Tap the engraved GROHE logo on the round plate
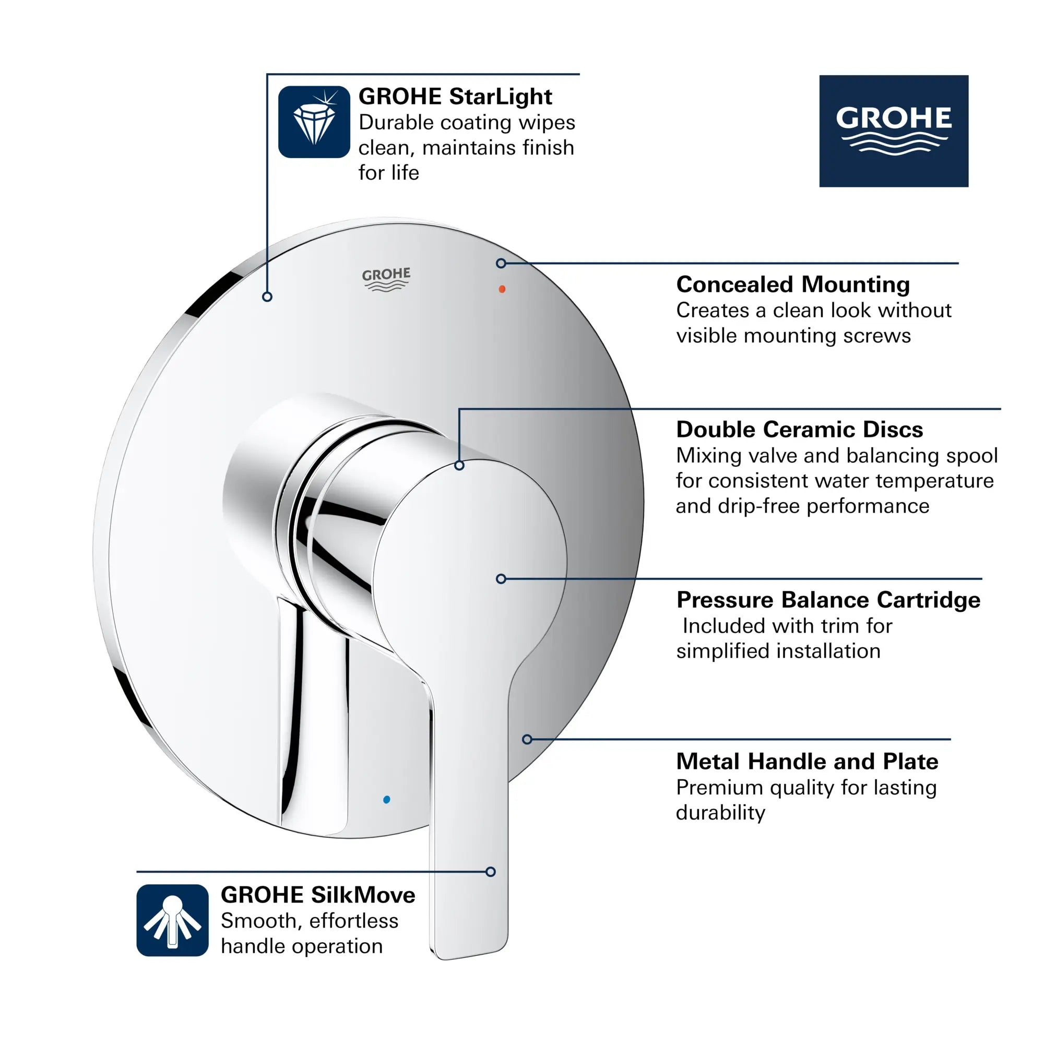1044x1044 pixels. (x=386, y=279)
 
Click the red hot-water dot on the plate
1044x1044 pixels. (x=502, y=289)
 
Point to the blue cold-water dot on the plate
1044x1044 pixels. (x=386, y=799)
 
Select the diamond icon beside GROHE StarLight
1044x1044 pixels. (x=314, y=122)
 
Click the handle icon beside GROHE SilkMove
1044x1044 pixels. (x=172, y=920)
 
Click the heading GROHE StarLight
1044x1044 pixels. (x=455, y=97)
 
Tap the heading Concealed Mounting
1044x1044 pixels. (x=793, y=284)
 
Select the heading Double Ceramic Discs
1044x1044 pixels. (x=799, y=429)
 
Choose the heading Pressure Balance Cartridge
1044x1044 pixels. (x=828, y=600)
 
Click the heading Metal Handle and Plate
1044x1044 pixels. (x=807, y=762)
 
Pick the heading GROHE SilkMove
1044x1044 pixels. (x=318, y=895)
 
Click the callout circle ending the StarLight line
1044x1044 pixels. (x=267, y=296)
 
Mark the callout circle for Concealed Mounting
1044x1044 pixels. (x=501, y=263)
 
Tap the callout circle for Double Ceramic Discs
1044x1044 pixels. (x=459, y=465)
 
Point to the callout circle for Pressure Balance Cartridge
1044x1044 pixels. (x=501, y=579)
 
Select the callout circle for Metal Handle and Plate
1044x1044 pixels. (x=527, y=739)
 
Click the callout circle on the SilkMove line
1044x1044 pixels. (x=491, y=872)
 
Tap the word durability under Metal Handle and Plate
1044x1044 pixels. (x=720, y=813)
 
